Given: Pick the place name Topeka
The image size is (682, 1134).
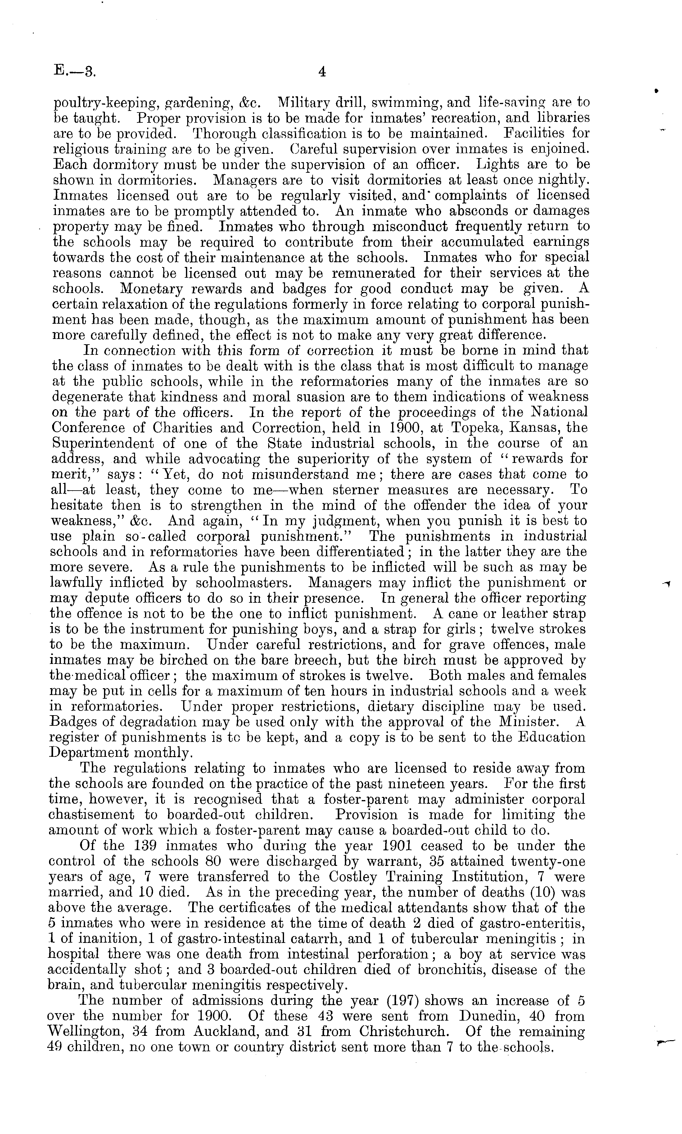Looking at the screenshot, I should click(x=471, y=428).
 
